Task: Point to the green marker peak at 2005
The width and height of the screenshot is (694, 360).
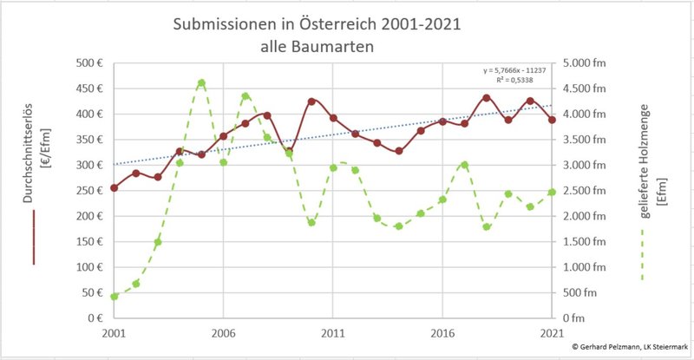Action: pos(201,83)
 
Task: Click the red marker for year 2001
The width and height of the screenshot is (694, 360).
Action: pos(114,187)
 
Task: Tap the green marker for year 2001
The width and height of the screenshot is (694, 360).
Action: pos(114,297)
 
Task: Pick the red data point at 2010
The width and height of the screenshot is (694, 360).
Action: pos(311,101)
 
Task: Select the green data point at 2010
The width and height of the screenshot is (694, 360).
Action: pos(311,223)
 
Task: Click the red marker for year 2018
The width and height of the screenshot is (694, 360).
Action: pos(487,98)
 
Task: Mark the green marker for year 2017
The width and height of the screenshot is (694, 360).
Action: pos(465,165)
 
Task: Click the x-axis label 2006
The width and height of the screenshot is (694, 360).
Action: pos(224,332)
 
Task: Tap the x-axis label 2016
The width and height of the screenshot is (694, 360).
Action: pos(442,332)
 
